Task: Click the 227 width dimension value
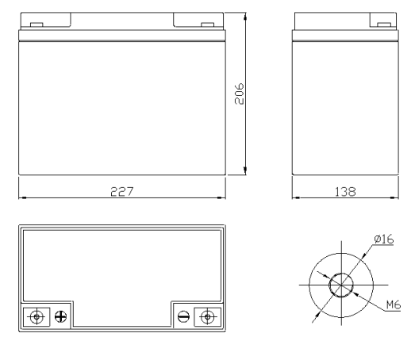click(122, 192)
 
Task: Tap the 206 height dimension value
click(240, 94)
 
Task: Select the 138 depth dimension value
click(345, 192)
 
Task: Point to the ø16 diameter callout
click(384, 239)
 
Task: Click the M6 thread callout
click(394, 304)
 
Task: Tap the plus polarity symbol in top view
click(60, 316)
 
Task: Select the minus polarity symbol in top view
click(183, 316)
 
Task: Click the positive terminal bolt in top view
click(37, 316)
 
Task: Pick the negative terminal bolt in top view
click(208, 316)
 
